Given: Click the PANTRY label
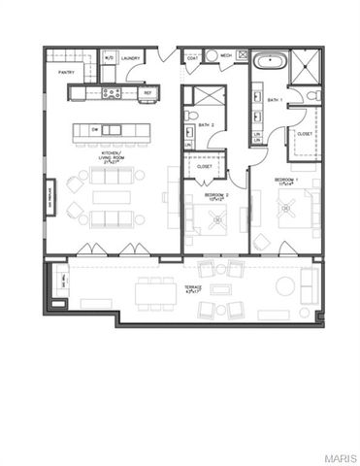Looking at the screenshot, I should coord(67,72).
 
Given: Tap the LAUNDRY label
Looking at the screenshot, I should coord(132,58).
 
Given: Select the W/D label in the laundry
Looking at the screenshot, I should coord(110,58).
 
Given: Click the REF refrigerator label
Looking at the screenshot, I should coord(148,93).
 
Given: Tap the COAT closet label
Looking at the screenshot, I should coord(193,57).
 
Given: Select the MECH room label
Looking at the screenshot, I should coord(224,57).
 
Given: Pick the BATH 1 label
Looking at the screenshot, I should coord(275,100).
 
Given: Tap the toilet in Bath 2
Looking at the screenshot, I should coord(190,117).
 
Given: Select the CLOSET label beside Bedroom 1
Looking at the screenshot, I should coord(304,133).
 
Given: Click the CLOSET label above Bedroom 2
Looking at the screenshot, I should coord(205,166).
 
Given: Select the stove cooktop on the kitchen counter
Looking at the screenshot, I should coord(112,93).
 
